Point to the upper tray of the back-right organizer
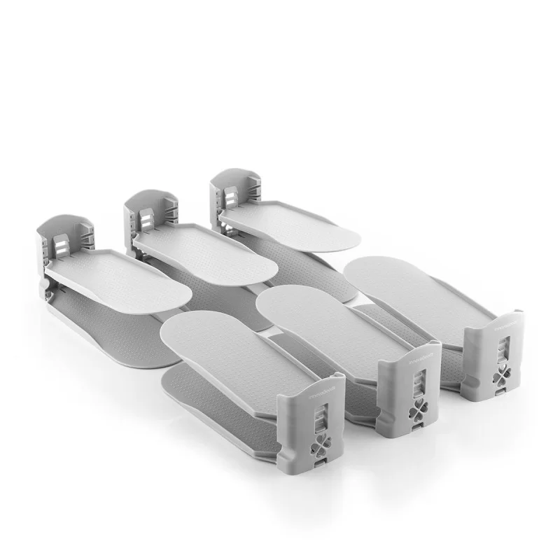[294, 224]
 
